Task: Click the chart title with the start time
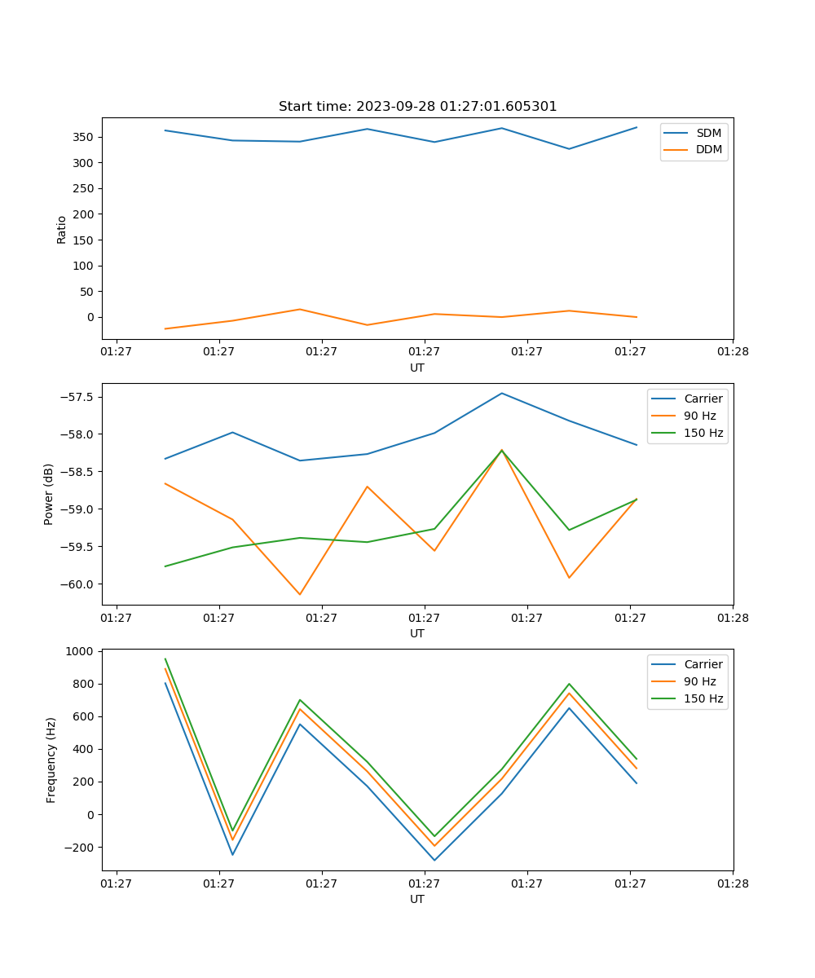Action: click(x=417, y=107)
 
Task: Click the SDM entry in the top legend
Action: click(x=708, y=133)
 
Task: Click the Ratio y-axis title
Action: click(x=62, y=229)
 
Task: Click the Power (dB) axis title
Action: click(x=49, y=494)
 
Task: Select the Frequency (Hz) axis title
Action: click(x=51, y=760)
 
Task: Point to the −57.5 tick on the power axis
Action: click(x=78, y=397)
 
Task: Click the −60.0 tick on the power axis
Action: click(x=78, y=584)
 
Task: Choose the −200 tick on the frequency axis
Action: click(x=80, y=847)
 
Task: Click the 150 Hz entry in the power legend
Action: click(x=703, y=433)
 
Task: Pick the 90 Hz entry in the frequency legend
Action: click(x=701, y=681)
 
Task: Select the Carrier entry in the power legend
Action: click(x=703, y=399)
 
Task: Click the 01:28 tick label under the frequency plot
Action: click(x=732, y=883)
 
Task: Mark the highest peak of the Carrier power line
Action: click(x=502, y=393)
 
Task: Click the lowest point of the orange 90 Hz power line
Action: click(x=300, y=594)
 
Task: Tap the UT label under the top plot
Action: click(x=417, y=368)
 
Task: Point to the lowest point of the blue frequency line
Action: click(x=434, y=860)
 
